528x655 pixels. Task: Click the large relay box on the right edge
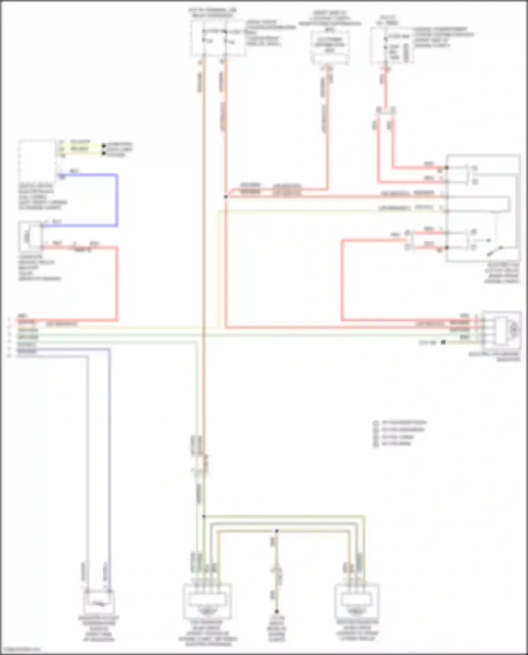tap(483, 208)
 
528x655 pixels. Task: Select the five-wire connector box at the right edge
tap(502, 329)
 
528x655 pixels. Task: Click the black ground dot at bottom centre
tap(277, 612)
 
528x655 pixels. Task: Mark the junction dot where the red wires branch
tap(226, 197)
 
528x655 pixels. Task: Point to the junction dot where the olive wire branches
tap(204, 517)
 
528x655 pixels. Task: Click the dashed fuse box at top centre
tap(218, 38)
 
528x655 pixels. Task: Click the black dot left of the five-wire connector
tap(444, 342)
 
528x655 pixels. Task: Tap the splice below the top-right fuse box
tap(386, 111)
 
